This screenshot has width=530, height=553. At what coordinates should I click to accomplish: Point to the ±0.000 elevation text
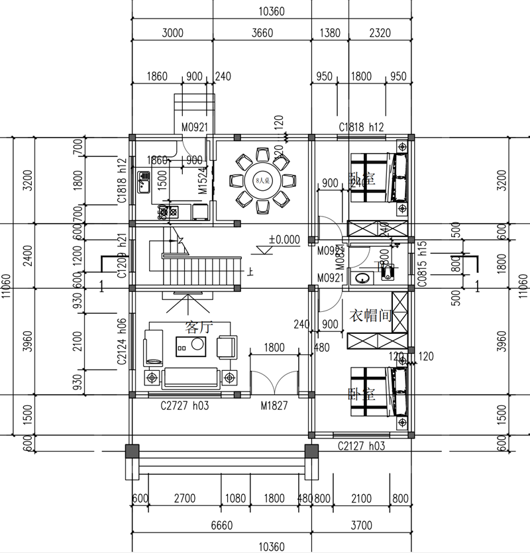[x=284, y=239]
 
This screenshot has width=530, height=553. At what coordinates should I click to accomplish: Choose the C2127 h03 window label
[x=361, y=446]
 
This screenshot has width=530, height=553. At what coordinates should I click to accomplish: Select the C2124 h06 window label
[x=122, y=342]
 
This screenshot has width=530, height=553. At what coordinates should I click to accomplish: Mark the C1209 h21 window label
[x=122, y=256]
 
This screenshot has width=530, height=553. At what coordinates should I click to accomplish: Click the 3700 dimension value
[x=361, y=525]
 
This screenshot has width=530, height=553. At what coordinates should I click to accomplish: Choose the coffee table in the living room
[x=191, y=346]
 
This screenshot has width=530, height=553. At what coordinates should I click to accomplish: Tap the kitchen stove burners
[x=168, y=212]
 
